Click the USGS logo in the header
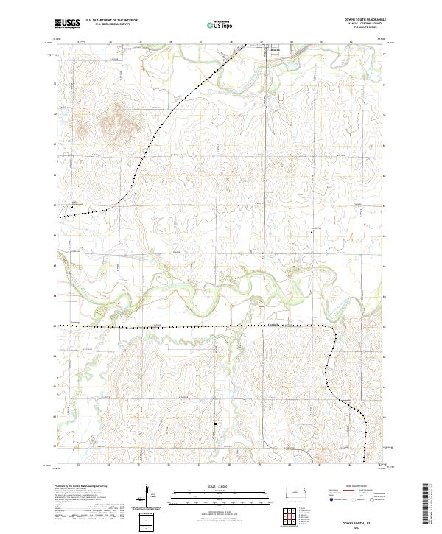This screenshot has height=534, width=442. [68, 24]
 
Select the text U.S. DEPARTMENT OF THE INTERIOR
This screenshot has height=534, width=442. [111, 21]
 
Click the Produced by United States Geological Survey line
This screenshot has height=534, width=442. [83, 487]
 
